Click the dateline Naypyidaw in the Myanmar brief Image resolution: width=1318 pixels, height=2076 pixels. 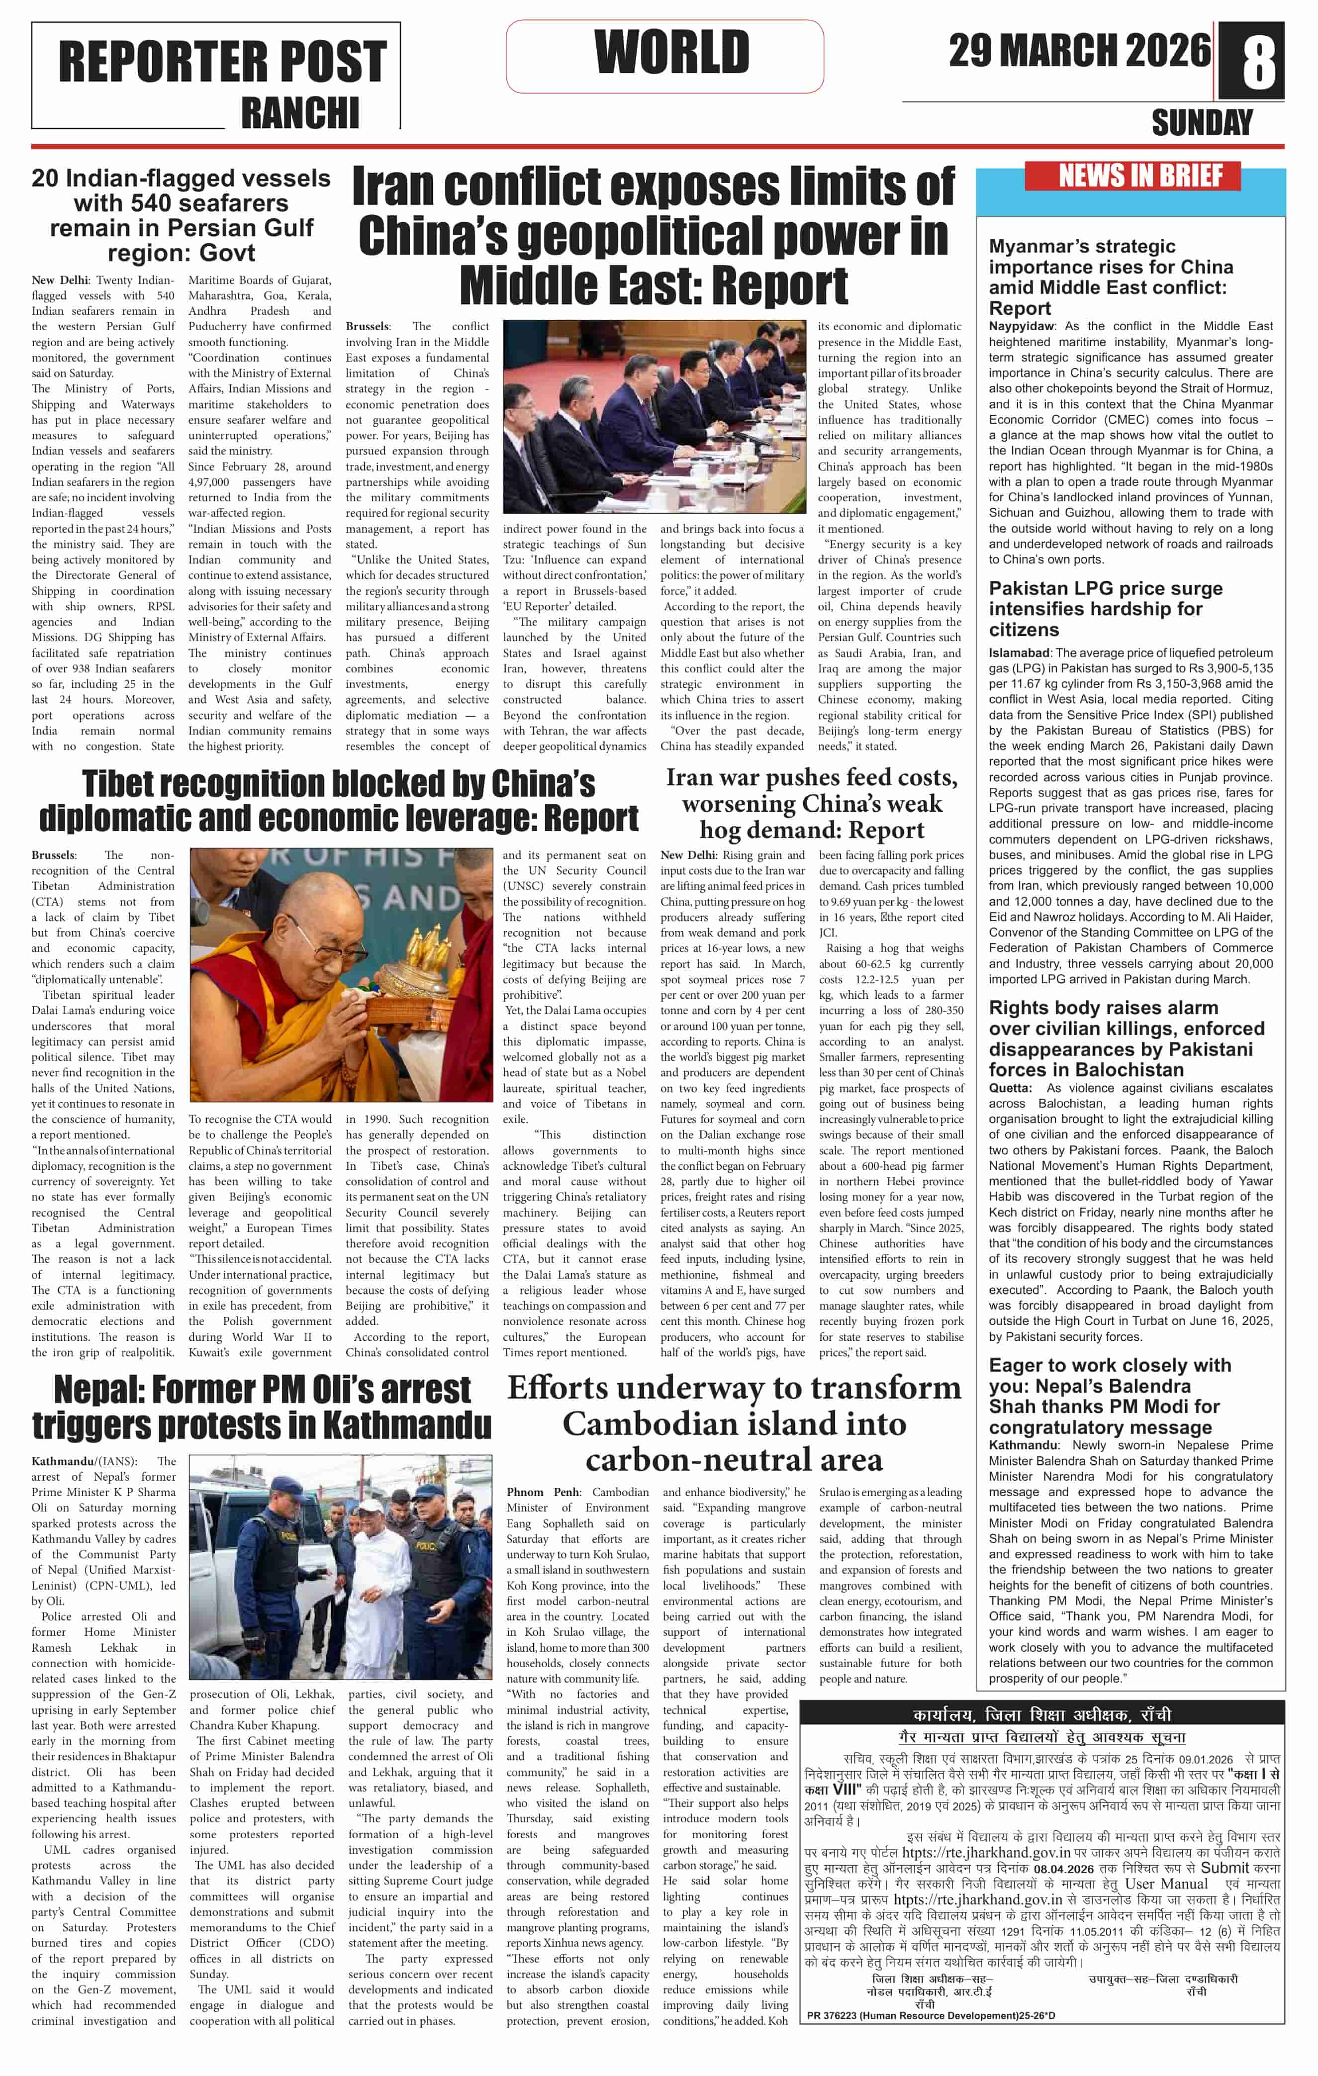(1022, 326)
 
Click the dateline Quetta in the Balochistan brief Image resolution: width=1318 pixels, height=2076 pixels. (1009, 1088)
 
